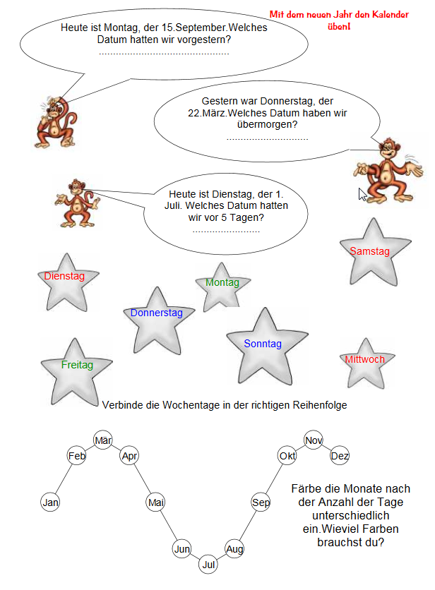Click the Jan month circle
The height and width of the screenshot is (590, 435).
pos(50,502)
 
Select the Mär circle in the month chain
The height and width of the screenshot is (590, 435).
pos(103,441)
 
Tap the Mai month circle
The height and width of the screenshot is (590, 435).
pos(156,502)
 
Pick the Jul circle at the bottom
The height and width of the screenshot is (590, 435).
pos(208,565)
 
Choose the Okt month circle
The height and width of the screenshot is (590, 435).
pos(287,456)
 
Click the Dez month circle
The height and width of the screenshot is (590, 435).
pos(340,456)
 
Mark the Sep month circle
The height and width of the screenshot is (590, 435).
pos(261,502)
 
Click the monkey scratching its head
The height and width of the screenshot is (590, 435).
pos(52,120)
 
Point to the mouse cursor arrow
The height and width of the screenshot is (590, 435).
pos(362,194)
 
